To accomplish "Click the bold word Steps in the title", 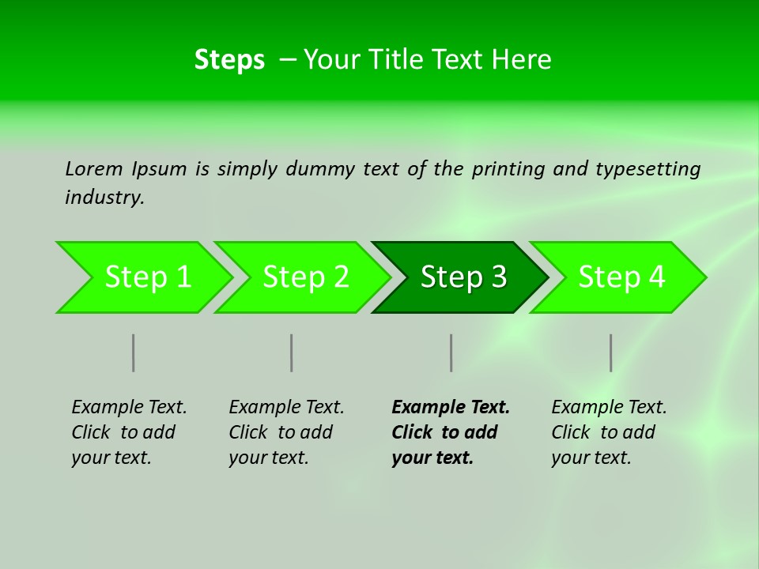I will click(x=229, y=60).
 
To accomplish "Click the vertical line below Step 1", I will click(x=134, y=352).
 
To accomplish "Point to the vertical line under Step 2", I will click(x=292, y=352).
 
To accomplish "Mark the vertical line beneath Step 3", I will click(x=451, y=352).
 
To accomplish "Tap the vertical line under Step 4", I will click(x=610, y=352).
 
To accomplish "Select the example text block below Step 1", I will click(x=129, y=432).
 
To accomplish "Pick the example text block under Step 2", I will click(x=286, y=432).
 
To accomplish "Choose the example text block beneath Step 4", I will click(x=609, y=432).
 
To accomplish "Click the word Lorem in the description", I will click(x=94, y=168).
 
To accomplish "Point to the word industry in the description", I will click(x=104, y=198).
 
